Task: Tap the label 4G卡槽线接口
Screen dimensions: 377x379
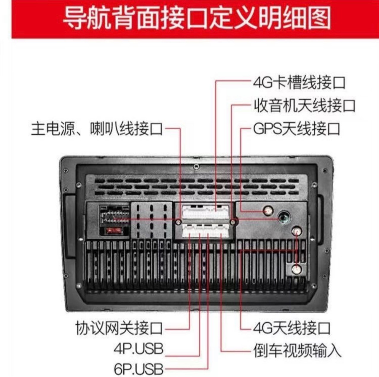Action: coord(299,83)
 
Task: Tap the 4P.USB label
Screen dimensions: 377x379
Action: coord(138,349)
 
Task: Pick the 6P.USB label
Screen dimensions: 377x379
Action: coord(138,370)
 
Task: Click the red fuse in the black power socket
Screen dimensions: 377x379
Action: coord(114,230)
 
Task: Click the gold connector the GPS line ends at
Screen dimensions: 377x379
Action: coord(268,211)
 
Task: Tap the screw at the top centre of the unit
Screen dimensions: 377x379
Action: coord(196,167)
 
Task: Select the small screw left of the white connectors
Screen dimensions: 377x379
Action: coord(178,222)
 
